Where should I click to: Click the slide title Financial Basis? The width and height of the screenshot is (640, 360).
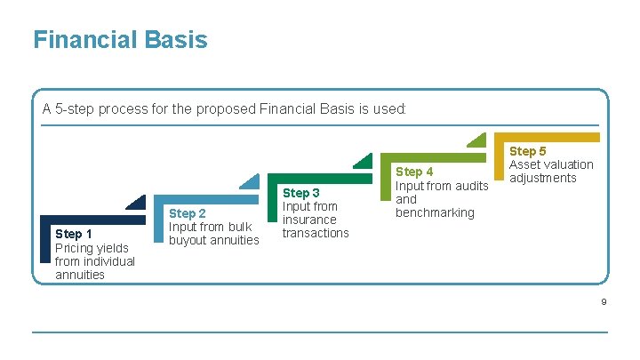coord(120,40)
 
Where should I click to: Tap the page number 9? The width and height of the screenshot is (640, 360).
coord(604,303)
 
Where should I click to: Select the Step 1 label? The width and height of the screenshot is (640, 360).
coord(73,234)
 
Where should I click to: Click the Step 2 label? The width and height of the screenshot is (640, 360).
coord(187,213)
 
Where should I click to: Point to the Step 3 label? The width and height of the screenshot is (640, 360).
coord(300,193)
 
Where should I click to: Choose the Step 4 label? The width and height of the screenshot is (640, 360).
coord(414,172)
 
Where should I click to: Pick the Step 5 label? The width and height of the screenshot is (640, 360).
coord(528,151)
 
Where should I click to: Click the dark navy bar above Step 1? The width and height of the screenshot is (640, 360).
coord(89,220)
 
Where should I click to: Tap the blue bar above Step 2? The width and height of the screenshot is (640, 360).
coord(204,199)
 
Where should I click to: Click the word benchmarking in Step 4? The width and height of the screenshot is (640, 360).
coord(435,212)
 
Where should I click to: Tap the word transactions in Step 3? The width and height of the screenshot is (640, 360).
coord(316,233)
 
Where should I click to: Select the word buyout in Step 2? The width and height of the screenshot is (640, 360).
coord(187,240)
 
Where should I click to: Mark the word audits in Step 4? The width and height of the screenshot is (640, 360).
coord(472,186)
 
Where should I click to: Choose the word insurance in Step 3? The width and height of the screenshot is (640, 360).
coord(309,220)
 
